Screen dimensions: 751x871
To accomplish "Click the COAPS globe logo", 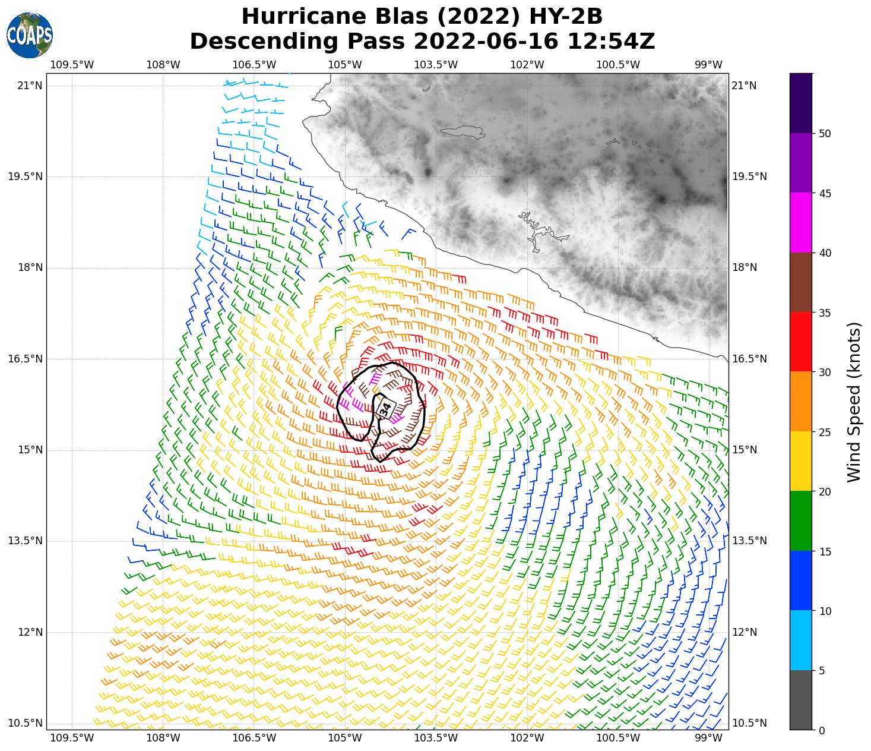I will [29, 35].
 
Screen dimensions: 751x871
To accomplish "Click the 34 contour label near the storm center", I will [385, 408].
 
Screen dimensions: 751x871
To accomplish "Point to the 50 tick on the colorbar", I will [824, 134].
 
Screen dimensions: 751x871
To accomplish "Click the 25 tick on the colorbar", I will [824, 432].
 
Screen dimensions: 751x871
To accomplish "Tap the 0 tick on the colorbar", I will [822, 730].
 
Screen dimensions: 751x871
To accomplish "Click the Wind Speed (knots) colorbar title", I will [853, 402].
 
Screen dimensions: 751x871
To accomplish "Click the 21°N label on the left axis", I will [30, 86].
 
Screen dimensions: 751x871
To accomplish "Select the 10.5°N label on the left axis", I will [26, 723].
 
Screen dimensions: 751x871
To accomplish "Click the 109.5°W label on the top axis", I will [72, 65].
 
